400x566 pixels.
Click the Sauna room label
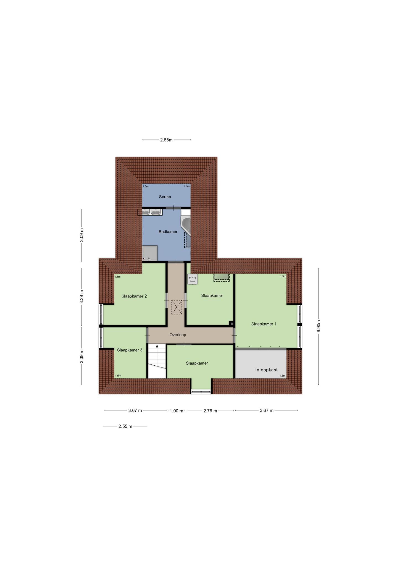pyautogui.click(x=165, y=197)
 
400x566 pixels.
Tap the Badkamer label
pyautogui.click(x=168, y=232)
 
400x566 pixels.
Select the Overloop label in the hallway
pyautogui.click(x=178, y=335)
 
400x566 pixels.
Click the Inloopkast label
pyautogui.click(x=267, y=370)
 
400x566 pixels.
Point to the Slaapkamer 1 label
pyautogui.click(x=264, y=324)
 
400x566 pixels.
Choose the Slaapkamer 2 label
pyautogui.click(x=134, y=296)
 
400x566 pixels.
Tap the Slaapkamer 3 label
pyautogui.click(x=130, y=350)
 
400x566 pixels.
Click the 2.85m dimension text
pyautogui.click(x=166, y=140)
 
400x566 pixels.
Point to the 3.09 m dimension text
pyautogui.click(x=81, y=235)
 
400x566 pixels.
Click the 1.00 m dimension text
pyautogui.click(x=177, y=411)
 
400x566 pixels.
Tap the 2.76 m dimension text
pyautogui.click(x=210, y=411)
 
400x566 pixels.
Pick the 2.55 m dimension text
pyautogui.click(x=125, y=426)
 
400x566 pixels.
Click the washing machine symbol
pyautogui.click(x=193, y=279)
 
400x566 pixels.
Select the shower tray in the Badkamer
pyautogui.click(x=150, y=253)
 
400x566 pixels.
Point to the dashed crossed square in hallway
pyautogui.click(x=177, y=307)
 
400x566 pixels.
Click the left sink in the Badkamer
pyautogui.click(x=146, y=212)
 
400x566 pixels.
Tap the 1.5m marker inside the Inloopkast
pyautogui.click(x=282, y=376)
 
